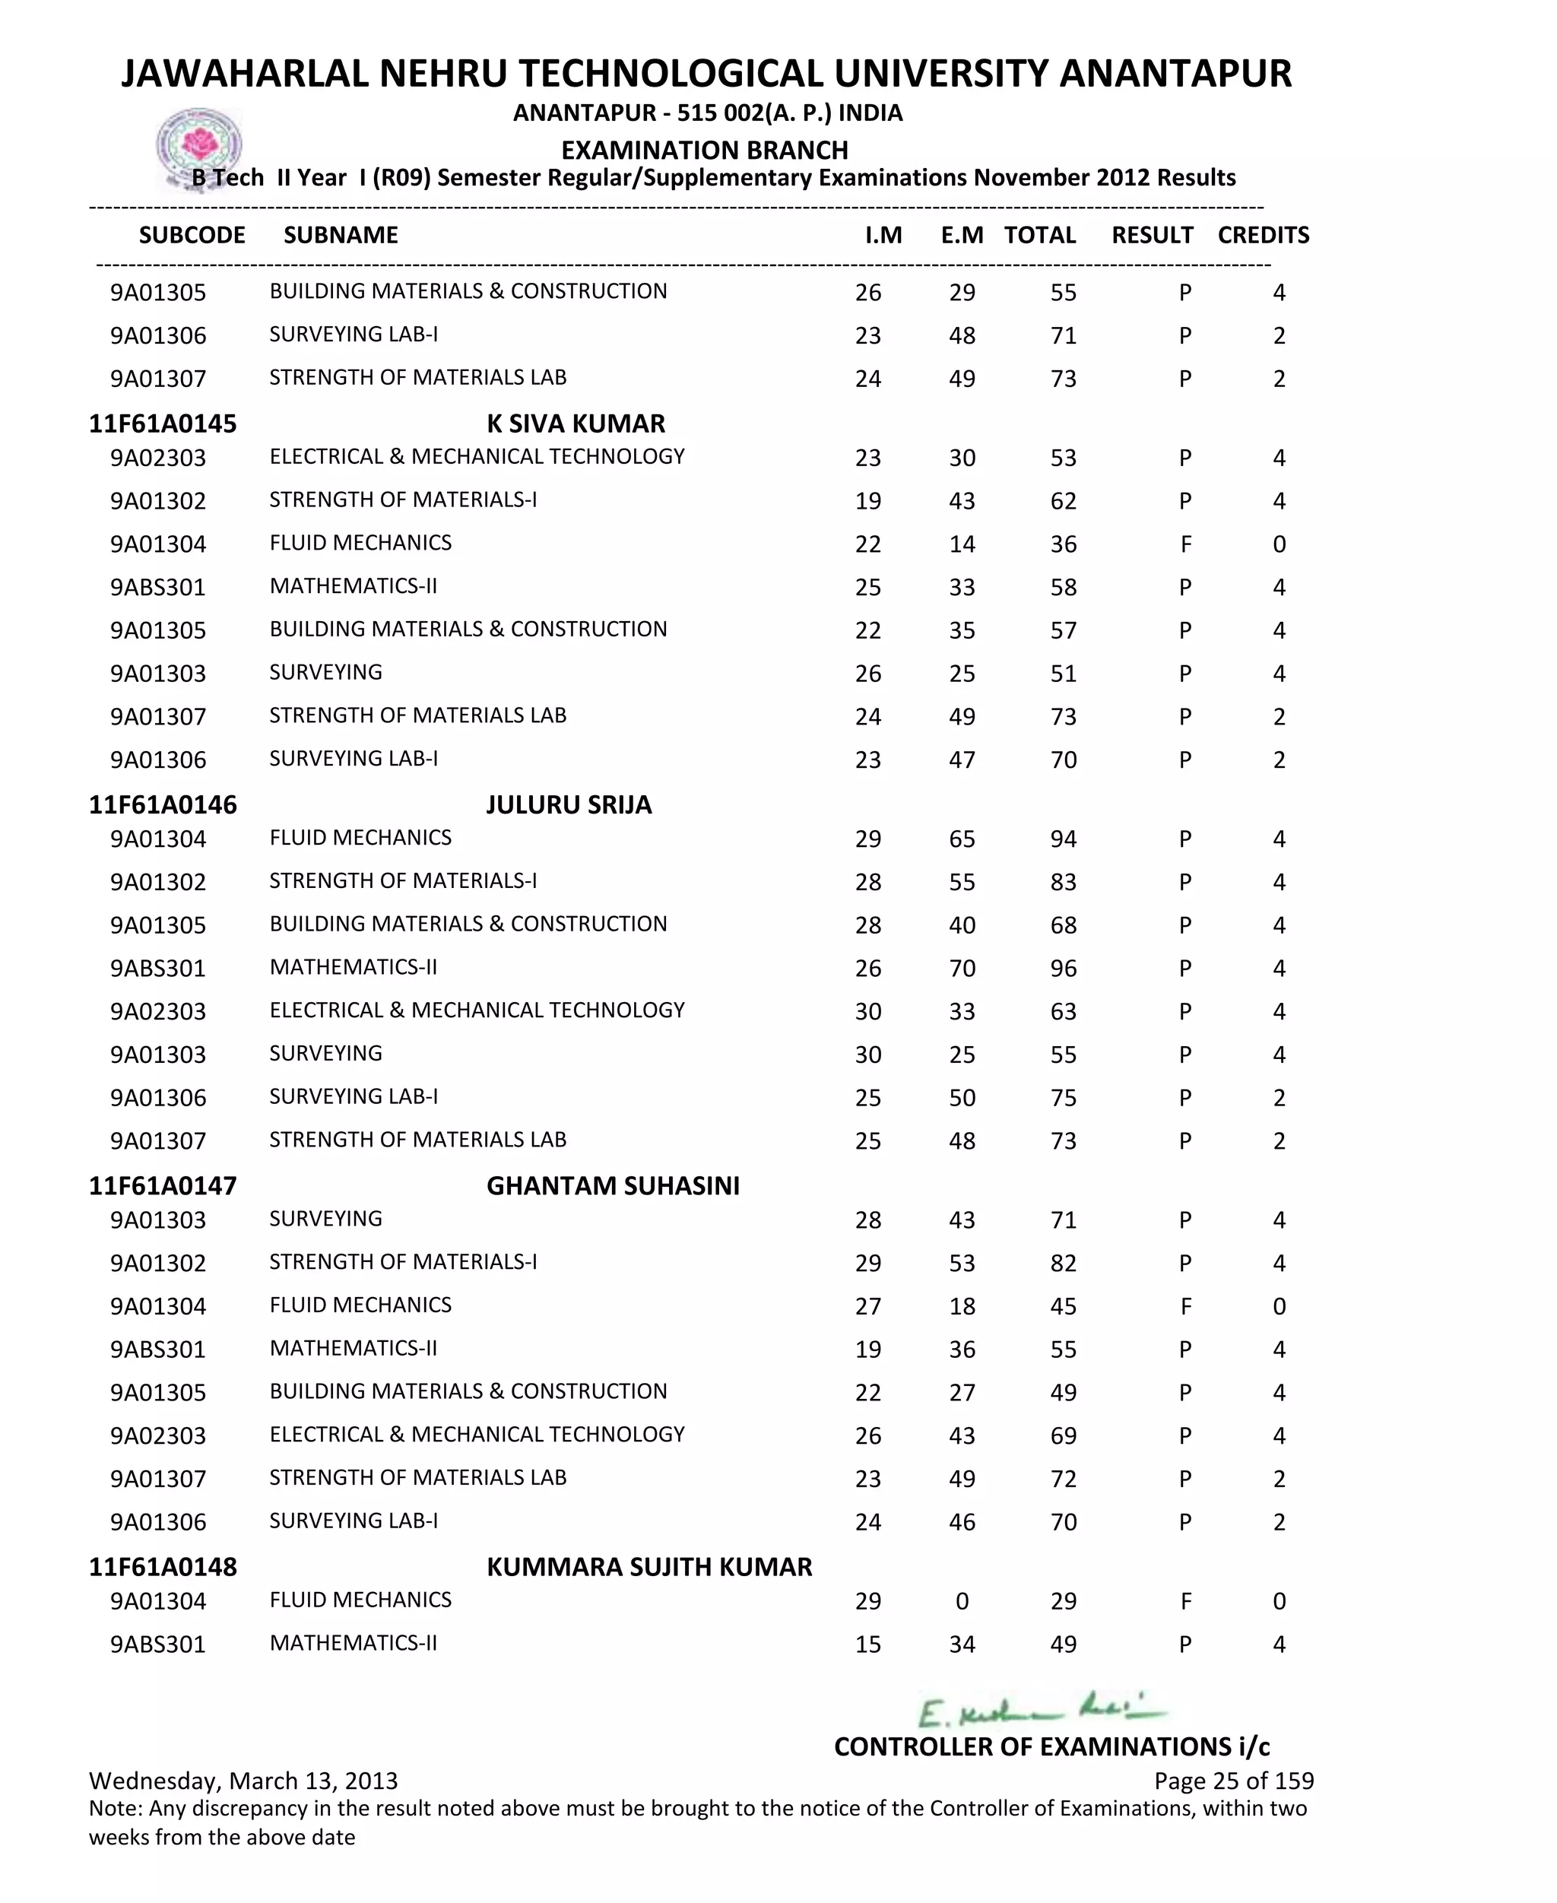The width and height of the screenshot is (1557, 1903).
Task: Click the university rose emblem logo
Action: point(199,146)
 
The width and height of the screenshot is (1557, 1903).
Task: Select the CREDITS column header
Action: point(1263,235)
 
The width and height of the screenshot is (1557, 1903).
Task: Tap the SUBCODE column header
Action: point(192,235)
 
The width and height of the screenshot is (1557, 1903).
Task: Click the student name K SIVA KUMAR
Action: point(576,423)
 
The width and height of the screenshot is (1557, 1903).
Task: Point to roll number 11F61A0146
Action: point(163,804)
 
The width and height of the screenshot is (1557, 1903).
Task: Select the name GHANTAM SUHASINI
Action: point(613,1185)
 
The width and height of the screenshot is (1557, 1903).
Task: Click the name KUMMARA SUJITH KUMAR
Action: point(648,1567)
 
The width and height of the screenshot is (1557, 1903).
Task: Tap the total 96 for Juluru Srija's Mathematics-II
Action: point(1063,969)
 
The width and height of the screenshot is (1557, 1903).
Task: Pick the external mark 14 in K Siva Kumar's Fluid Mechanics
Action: point(962,544)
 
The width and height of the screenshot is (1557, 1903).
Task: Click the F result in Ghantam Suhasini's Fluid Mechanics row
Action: point(1184,1307)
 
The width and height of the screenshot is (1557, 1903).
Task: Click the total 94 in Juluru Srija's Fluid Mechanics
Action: point(1063,839)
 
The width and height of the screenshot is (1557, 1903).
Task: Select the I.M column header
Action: point(883,235)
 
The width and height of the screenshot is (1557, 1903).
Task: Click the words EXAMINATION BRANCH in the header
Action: point(704,150)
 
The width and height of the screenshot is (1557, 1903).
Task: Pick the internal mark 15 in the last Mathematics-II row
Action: point(867,1645)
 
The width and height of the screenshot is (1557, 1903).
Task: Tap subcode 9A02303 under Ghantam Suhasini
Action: point(158,1435)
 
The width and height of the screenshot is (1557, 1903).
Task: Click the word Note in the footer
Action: point(114,1809)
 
